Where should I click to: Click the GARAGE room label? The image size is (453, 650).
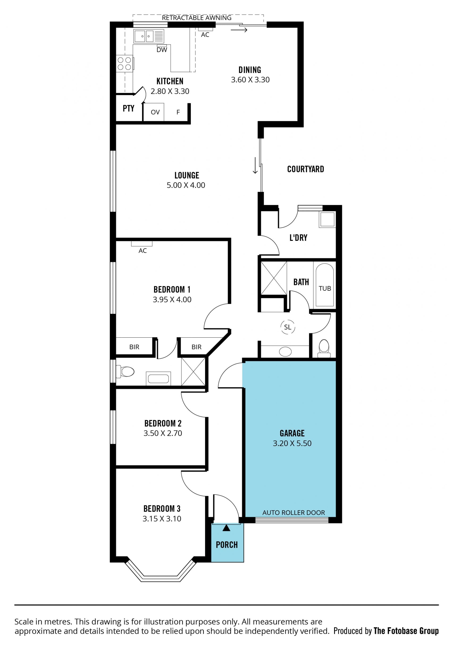[292, 433]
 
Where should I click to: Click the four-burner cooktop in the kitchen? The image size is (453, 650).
[125, 64]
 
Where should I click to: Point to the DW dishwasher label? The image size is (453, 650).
[162, 50]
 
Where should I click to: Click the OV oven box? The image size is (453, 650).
[154, 112]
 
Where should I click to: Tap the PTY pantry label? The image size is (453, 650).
[128, 108]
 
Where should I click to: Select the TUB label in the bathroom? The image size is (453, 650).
[325, 289]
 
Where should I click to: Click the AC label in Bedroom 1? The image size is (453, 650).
[143, 251]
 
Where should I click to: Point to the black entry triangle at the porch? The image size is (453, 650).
[226, 528]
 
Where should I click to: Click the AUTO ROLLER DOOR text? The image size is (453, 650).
[294, 513]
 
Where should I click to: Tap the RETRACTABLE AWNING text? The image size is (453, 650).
[197, 18]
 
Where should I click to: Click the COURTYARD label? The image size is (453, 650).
[306, 169]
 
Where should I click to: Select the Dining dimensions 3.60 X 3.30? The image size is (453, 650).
[250, 80]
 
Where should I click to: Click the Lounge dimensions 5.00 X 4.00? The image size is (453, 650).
[186, 185]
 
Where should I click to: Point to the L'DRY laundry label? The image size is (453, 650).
[298, 238]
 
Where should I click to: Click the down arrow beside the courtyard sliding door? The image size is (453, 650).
[255, 165]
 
